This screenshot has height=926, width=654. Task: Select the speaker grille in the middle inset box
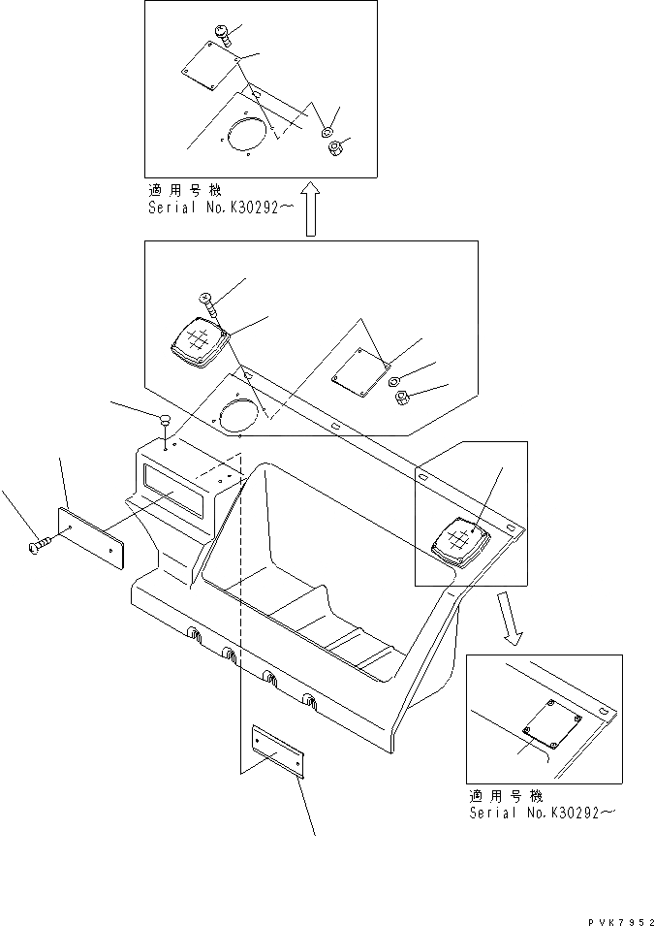point(199,344)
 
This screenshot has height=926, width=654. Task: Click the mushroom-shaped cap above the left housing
point(165,420)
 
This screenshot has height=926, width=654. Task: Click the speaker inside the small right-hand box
point(462,543)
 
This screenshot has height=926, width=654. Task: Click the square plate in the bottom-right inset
point(550,722)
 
